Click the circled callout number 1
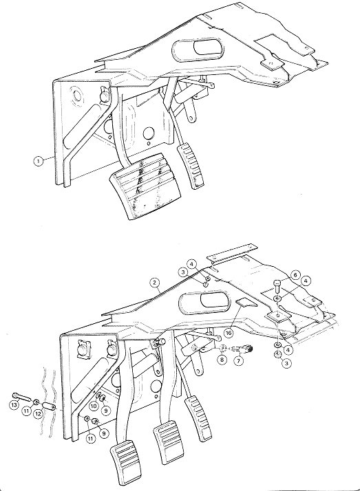[x=39, y=162]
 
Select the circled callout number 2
[x=154, y=283]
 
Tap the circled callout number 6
[x=295, y=274]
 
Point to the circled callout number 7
[x=239, y=361]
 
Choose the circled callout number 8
[x=222, y=359]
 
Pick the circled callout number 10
[x=94, y=406]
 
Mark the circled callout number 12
[x=38, y=414]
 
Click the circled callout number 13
[x=14, y=405]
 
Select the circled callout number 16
[x=229, y=333]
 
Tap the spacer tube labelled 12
[x=50, y=406]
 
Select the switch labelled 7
[x=244, y=349]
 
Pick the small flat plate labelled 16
[x=246, y=302]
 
